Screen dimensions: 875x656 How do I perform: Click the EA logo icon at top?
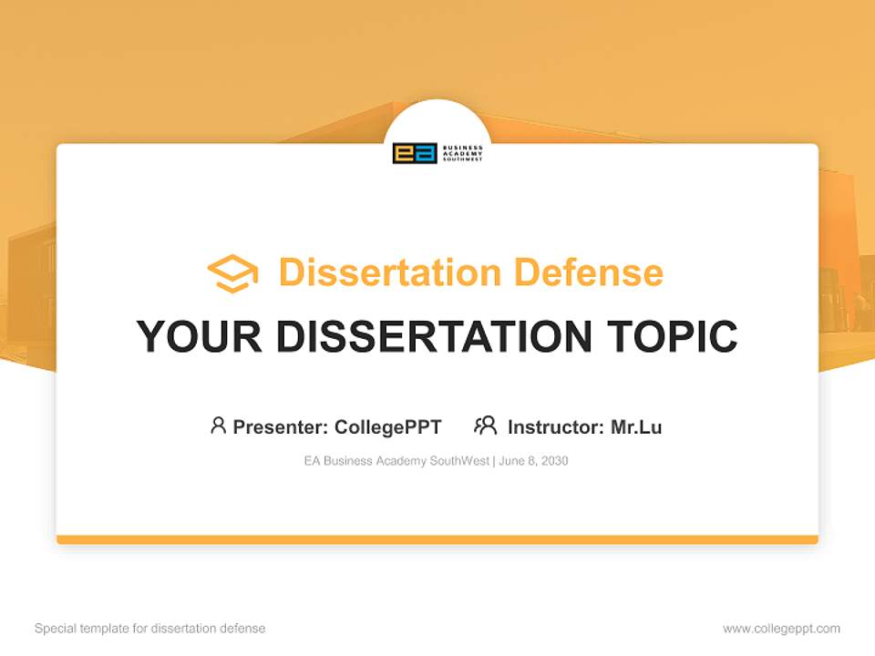415,153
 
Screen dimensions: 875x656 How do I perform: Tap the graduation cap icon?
232,273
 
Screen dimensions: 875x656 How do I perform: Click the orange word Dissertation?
390,272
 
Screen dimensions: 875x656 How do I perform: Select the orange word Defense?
589,272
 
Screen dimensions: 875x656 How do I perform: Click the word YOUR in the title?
200,336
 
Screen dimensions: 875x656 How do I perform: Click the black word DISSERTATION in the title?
434,336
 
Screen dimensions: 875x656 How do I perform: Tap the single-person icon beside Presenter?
218,425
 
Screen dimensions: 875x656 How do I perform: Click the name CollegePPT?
388,427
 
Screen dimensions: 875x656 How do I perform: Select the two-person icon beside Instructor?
486,425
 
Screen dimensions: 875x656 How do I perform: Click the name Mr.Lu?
637,427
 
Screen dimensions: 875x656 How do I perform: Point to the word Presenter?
281,427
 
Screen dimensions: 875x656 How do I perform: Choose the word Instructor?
556,427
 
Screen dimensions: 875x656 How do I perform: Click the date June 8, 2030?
533,461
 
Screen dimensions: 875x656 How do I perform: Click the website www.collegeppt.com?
781,629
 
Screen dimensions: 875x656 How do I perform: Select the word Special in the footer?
56,628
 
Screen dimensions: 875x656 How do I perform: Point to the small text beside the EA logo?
463,153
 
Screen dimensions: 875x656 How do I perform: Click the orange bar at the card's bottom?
437,539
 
